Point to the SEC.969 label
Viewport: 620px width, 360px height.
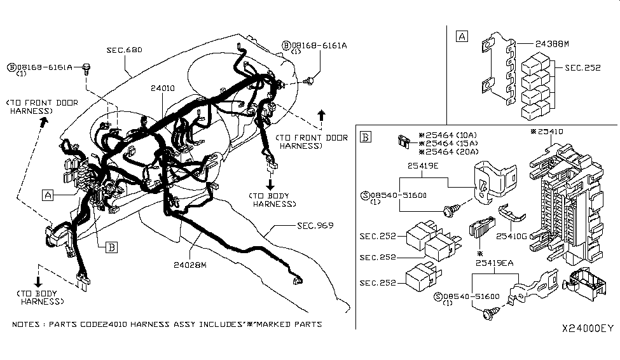315,225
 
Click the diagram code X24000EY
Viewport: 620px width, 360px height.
588,329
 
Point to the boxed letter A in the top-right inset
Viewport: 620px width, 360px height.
462,36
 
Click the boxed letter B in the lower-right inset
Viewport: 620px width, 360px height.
365,136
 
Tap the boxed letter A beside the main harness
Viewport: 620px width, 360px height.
48,195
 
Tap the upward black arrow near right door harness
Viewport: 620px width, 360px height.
321,115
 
